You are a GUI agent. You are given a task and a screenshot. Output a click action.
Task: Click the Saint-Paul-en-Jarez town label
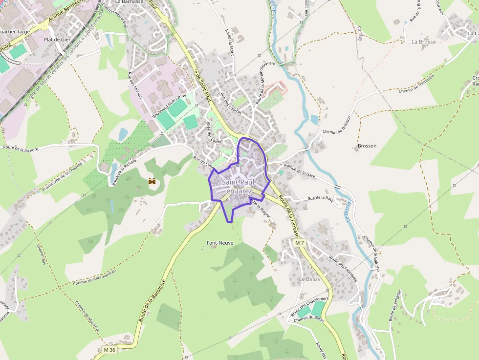[x=239, y=187]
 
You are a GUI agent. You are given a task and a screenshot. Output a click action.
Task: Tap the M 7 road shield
[x=300, y=243]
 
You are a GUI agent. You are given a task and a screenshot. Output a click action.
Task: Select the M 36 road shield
[x=109, y=350]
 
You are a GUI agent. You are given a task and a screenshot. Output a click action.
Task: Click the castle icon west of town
[x=152, y=181]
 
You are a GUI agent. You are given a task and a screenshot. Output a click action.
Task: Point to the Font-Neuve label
[x=220, y=243]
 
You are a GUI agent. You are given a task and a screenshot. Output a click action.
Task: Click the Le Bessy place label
[x=309, y=279]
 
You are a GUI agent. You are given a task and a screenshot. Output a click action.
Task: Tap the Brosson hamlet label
[x=367, y=146]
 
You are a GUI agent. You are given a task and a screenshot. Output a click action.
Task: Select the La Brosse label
[x=423, y=42]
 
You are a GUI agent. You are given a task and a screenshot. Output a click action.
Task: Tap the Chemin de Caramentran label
[x=95, y=277]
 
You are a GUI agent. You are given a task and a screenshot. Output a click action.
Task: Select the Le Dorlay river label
[x=349, y=210]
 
